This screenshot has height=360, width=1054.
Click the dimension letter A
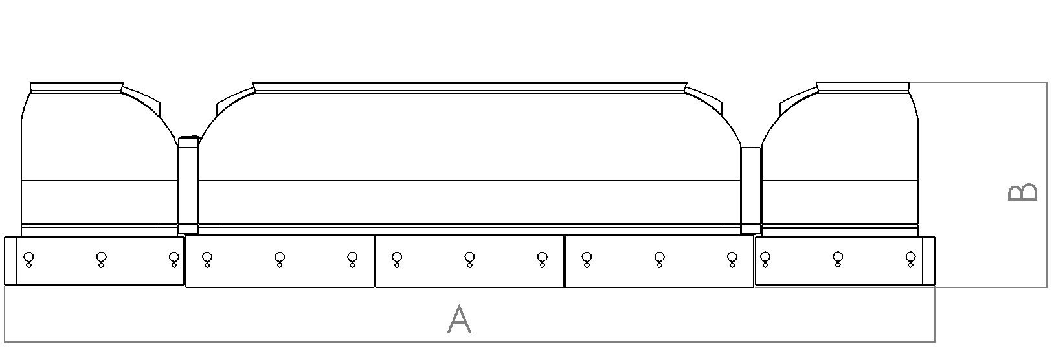(x=459, y=319)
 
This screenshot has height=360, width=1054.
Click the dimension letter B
(x=1023, y=192)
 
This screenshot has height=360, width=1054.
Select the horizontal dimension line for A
(x=469, y=342)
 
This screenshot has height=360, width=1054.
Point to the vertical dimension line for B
(x=1047, y=185)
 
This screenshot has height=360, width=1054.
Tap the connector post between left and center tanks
(x=188, y=185)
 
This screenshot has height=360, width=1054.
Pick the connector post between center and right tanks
(x=751, y=190)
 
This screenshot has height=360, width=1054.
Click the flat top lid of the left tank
(x=76, y=87)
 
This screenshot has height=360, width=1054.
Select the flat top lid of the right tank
(x=863, y=87)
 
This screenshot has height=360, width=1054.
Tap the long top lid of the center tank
(x=469, y=87)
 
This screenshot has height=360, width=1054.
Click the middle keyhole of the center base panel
(x=469, y=259)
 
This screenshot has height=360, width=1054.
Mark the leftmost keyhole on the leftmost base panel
(x=28, y=259)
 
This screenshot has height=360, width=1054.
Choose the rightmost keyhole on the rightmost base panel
(x=910, y=259)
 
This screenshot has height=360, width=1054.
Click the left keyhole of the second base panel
(x=207, y=259)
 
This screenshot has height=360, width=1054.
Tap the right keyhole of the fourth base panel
(x=732, y=259)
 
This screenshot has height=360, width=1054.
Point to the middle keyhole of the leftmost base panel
(x=101, y=259)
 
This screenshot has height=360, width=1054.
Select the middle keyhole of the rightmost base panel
(x=838, y=259)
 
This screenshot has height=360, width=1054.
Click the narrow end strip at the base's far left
(x=10, y=261)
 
